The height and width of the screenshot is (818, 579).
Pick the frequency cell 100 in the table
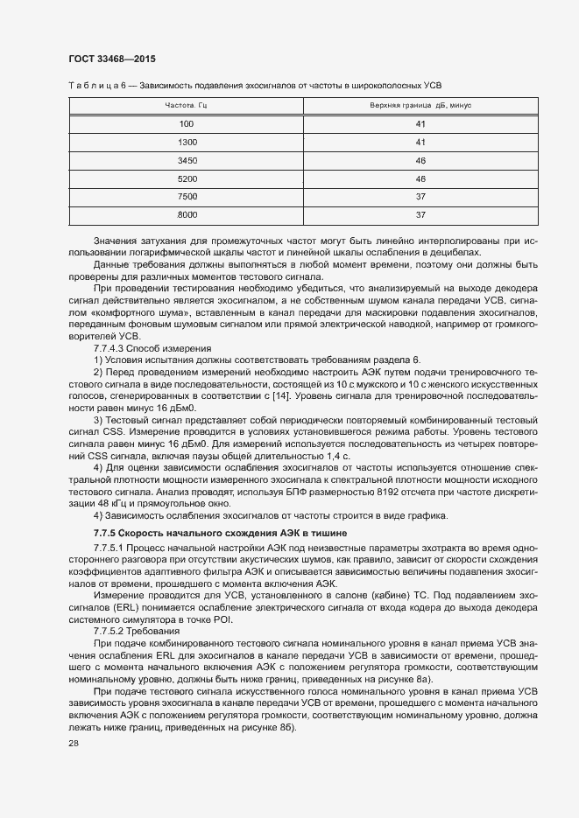pos(186,123)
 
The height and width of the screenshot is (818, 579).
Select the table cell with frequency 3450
pos(187,160)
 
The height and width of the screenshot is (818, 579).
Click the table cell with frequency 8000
pos(187,215)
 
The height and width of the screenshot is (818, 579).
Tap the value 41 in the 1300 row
pos(420,142)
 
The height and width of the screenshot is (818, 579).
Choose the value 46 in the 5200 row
pos(420,178)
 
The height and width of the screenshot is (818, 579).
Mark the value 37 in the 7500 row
pos(420,197)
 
